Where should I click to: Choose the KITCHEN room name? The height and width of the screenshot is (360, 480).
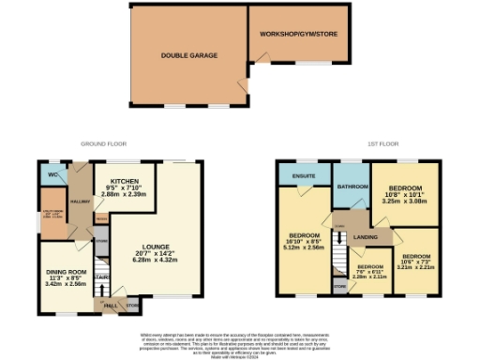pyautogui.click(x=125, y=181)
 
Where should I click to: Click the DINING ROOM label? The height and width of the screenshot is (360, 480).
pyautogui.click(x=66, y=271)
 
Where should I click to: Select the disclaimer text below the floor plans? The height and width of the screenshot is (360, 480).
pyautogui.click(x=240, y=342)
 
